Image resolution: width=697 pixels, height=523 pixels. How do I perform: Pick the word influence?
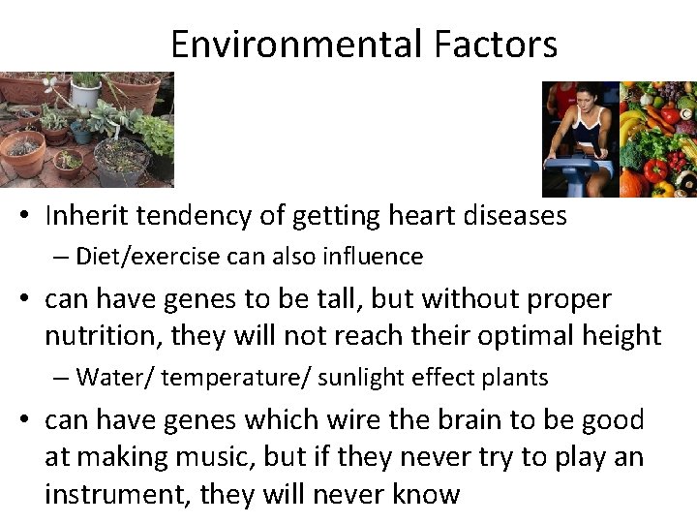pos(375,257)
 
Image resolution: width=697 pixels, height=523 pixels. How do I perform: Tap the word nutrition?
pos(99,336)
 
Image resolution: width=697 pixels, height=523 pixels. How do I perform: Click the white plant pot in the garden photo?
pos(86,92)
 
